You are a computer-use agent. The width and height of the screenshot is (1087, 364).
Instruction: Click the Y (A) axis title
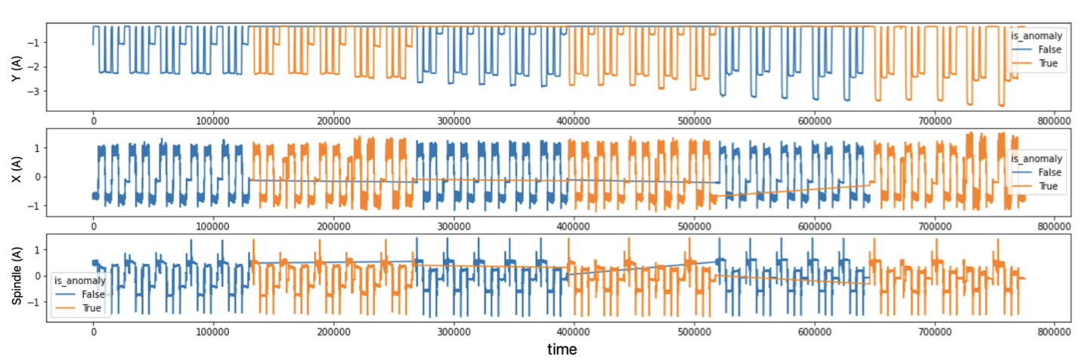[x=14, y=67]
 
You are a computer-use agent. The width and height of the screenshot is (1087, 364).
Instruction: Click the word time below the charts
[x=562, y=349]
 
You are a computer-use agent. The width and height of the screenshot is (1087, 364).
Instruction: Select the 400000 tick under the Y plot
[x=574, y=120]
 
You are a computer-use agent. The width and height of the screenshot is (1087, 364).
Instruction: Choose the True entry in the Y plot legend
[x=1048, y=63]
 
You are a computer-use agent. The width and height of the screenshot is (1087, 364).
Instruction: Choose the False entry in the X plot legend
[x=1049, y=173]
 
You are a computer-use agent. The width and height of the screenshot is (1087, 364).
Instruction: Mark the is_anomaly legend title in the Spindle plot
[x=79, y=280]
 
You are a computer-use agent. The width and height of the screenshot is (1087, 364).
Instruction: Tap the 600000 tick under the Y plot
[x=814, y=120]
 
